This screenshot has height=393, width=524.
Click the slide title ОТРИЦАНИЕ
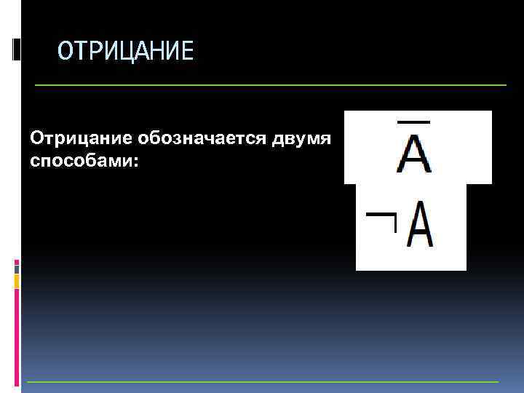coord(126,52)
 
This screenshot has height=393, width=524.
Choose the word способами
coord(82,159)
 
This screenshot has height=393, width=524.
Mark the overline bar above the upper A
coord(413,121)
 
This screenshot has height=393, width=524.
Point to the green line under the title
coord(269,86)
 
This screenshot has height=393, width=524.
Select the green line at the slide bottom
coord(262,382)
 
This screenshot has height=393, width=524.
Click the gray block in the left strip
coord(17,269)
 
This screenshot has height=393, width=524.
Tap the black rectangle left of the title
coord(17,49)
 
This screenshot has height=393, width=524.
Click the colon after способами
coord(135,160)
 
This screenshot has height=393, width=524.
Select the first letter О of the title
coord(65,52)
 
